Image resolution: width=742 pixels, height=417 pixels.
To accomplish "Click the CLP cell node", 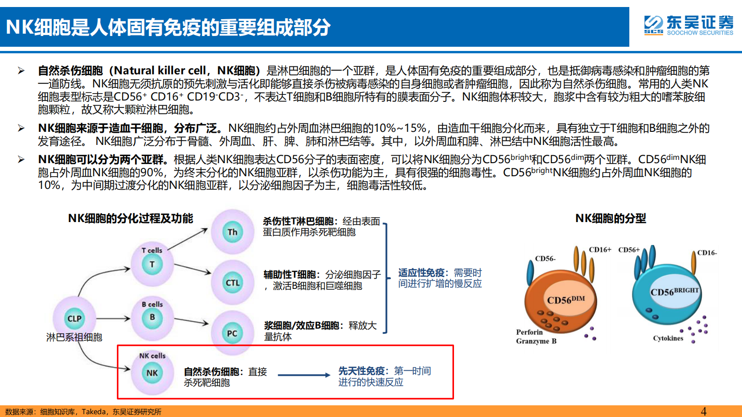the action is point(74,318).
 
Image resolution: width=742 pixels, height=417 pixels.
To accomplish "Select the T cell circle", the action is point(152,265).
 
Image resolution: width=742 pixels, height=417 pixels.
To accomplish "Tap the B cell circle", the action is point(152,317).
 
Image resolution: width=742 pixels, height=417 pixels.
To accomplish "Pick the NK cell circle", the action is point(152,373).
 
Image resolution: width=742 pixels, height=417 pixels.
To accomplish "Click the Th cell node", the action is point(232,232).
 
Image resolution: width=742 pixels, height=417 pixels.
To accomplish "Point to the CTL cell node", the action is point(232,283).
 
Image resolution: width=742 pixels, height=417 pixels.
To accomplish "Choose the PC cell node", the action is point(232,333).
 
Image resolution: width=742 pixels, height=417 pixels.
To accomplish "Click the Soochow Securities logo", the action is point(688,25).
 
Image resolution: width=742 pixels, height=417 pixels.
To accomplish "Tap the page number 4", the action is point(704,411).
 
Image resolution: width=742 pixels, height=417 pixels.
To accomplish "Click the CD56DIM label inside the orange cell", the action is point(566,300).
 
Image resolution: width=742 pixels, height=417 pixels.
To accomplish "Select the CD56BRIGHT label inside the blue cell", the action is point(674,292).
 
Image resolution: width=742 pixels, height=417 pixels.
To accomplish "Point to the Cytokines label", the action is point(668,338).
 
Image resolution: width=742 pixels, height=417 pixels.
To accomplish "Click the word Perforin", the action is point(529,332).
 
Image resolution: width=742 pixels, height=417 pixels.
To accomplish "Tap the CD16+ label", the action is point(600,250).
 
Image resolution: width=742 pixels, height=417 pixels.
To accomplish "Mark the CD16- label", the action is point(706,253).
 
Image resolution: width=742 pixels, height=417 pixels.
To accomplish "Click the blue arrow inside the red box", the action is point(304,375).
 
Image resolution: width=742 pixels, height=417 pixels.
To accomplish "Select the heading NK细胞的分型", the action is point(610,218).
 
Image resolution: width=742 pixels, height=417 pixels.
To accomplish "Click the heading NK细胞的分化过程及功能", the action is point(130,218).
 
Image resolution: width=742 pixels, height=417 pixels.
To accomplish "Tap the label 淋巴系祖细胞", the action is point(74,337).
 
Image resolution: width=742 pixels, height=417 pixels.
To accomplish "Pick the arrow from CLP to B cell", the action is point(113,318).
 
